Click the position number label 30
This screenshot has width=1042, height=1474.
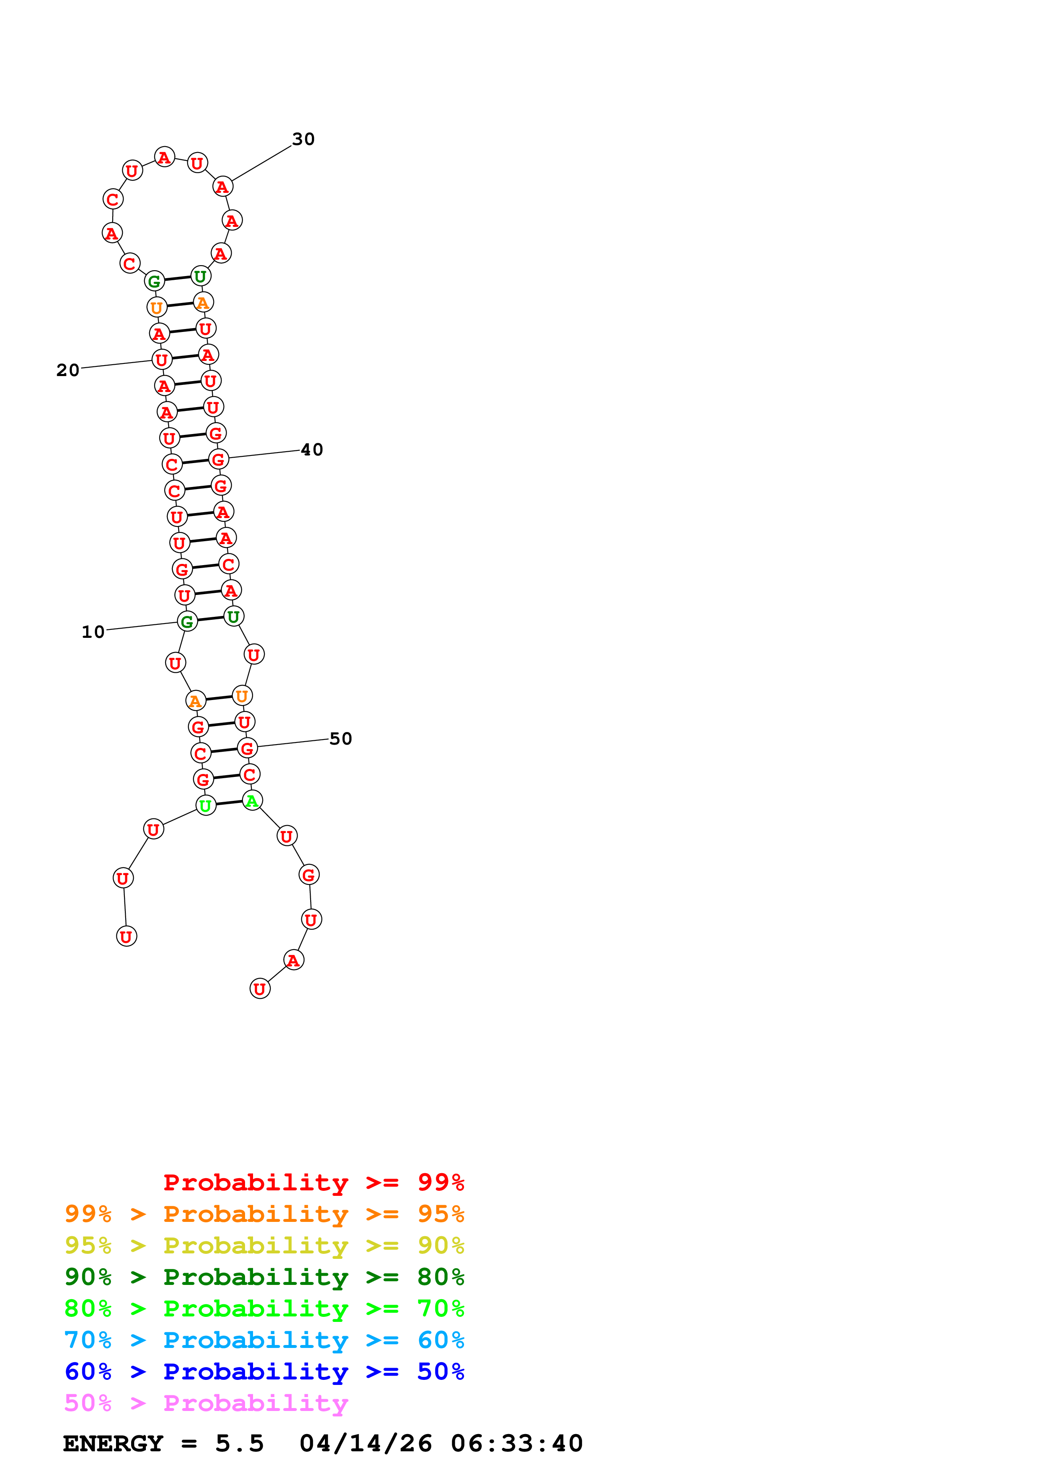(303, 140)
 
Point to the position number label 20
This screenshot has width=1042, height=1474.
(67, 371)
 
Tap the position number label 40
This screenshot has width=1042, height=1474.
(311, 450)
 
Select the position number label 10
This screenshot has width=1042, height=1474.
(92, 632)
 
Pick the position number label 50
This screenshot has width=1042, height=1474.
(340, 739)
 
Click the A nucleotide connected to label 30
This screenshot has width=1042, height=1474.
(222, 187)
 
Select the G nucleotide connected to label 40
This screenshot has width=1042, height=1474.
(218, 460)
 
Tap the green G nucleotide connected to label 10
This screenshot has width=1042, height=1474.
(187, 621)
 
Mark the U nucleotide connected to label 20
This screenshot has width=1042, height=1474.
(162, 360)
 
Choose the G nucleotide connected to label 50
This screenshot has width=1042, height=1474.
(247, 749)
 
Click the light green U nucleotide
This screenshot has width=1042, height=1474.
(206, 805)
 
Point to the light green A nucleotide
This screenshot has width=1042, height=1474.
(252, 800)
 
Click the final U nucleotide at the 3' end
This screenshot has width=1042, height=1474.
(259, 989)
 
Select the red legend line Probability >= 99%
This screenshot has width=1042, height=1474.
(313, 1182)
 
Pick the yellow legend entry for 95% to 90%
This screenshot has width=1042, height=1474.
(264, 1245)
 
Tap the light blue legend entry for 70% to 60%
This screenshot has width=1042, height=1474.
(264, 1340)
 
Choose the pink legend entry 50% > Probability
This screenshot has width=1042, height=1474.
(206, 1403)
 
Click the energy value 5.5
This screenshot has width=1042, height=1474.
(240, 1443)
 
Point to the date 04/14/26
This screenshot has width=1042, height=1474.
(366, 1443)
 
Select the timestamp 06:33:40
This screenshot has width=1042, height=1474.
(517, 1443)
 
